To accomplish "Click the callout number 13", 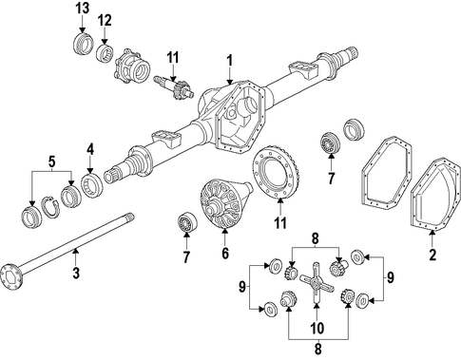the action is (82, 9).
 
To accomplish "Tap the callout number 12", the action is (105, 21).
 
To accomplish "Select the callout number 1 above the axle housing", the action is (229, 61).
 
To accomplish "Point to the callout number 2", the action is (432, 255).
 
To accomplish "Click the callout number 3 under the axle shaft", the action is (76, 273).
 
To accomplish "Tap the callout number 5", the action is (51, 161).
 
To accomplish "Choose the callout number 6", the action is (225, 254).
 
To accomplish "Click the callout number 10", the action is (317, 328).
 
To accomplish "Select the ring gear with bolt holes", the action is (276, 173).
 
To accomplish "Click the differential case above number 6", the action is (225, 202).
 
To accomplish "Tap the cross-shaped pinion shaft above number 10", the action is (317, 283).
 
